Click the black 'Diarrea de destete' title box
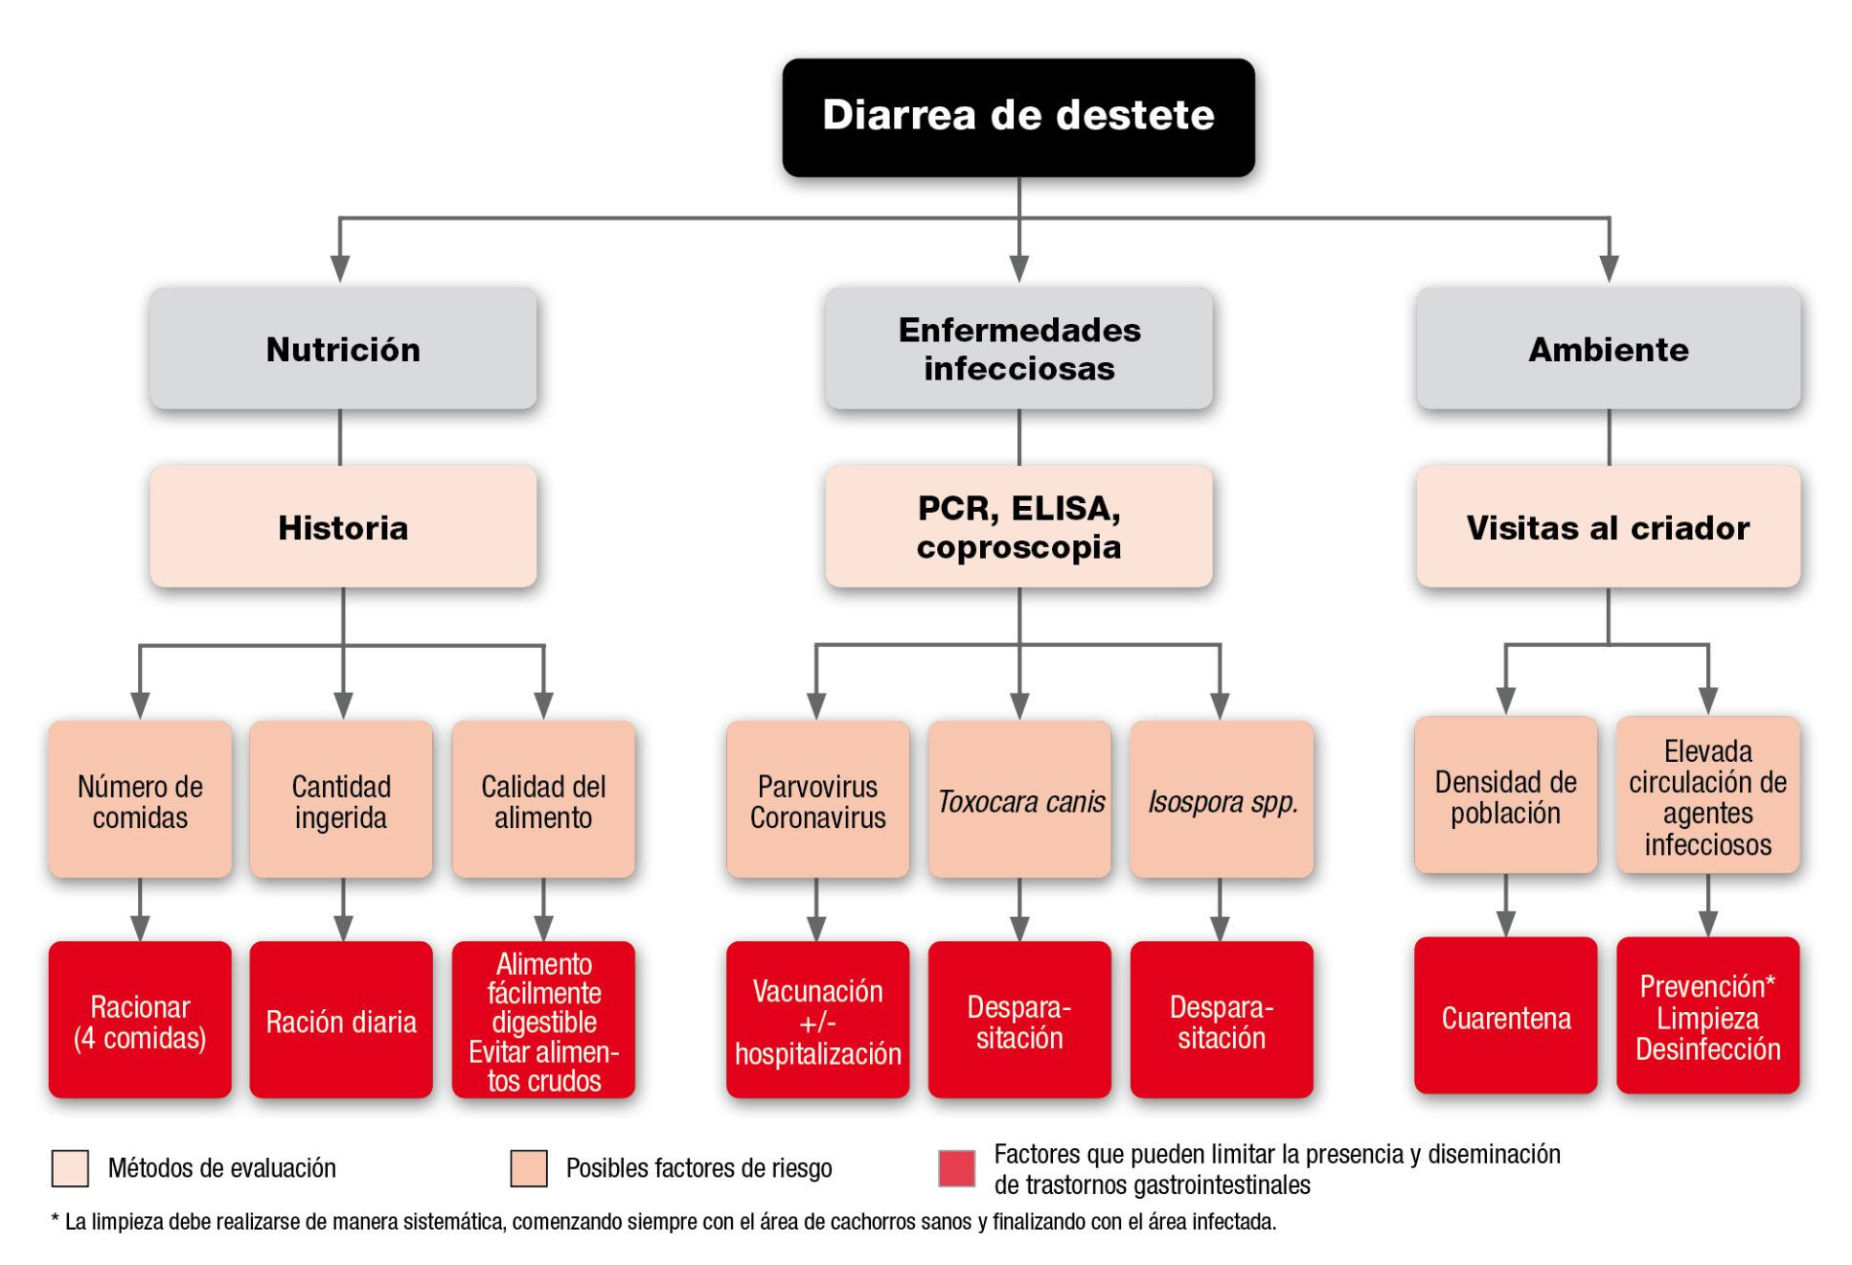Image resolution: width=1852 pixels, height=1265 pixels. [x=1017, y=117]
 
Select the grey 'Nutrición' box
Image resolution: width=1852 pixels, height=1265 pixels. [x=343, y=349]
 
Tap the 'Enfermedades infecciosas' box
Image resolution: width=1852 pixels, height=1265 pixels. [x=1018, y=349]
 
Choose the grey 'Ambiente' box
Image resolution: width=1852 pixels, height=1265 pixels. [x=1608, y=349]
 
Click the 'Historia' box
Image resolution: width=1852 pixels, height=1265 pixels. [x=343, y=526]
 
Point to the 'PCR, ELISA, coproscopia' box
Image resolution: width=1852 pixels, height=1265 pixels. [x=1018, y=526]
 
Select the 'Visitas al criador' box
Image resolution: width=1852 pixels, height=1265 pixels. [x=1608, y=526]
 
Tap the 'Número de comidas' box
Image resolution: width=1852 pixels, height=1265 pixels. [x=140, y=799]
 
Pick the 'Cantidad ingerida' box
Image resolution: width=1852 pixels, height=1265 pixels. [x=341, y=799]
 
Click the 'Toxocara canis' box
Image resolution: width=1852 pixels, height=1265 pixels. [x=1019, y=799]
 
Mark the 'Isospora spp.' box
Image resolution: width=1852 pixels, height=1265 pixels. [x=1222, y=799]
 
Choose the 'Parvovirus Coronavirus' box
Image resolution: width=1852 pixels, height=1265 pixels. [x=817, y=799]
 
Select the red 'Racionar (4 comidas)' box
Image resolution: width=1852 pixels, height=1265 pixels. [x=140, y=1020]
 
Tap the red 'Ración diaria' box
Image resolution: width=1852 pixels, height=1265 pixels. [x=341, y=1020]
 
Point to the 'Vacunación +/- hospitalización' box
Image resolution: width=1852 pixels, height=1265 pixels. [x=817, y=1020]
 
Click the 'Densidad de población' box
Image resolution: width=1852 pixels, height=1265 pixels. [x=1505, y=794]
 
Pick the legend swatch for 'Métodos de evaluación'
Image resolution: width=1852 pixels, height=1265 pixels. [x=70, y=1168]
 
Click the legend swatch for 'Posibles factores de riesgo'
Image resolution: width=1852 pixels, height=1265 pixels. [x=529, y=1168]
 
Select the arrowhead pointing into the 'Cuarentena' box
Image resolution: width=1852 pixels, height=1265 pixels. [x=1505, y=923]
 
